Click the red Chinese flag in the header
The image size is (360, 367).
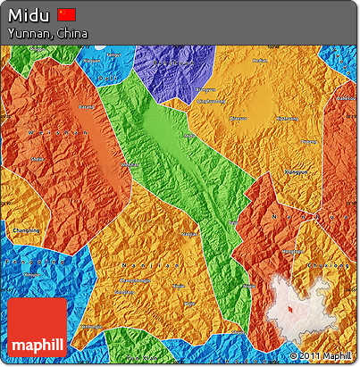point(66,14)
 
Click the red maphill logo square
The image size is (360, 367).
point(38,329)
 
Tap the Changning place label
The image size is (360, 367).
point(25,230)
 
